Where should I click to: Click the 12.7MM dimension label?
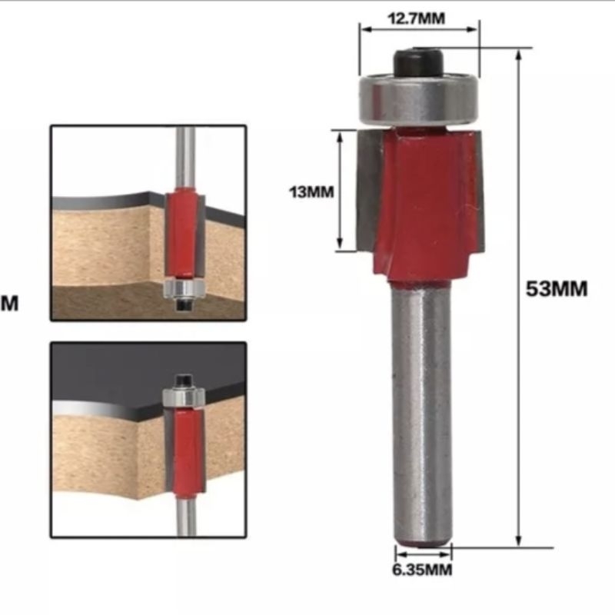click(x=416, y=18)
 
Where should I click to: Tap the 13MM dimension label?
click(x=311, y=192)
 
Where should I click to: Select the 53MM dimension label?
click(x=557, y=289)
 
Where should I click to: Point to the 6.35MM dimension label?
click(x=422, y=570)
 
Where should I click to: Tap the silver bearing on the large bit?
click(x=419, y=99)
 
